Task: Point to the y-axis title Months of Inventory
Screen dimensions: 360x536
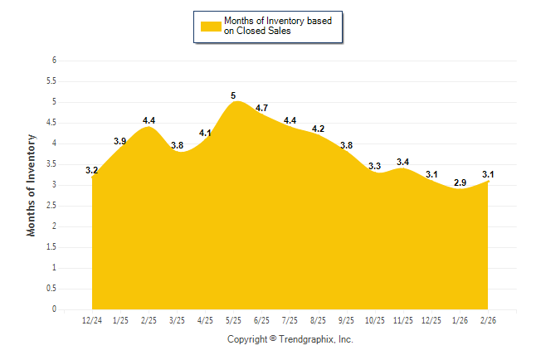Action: pyautogui.click(x=32, y=185)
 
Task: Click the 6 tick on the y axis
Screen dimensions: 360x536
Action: pyautogui.click(x=53, y=61)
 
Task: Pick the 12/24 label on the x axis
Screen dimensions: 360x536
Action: pyautogui.click(x=92, y=321)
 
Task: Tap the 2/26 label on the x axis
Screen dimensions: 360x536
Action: pyautogui.click(x=490, y=321)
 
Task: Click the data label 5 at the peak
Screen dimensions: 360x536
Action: pyautogui.click(x=233, y=95)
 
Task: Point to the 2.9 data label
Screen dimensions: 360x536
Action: pyautogui.click(x=460, y=182)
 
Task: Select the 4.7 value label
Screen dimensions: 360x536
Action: pyautogui.click(x=261, y=108)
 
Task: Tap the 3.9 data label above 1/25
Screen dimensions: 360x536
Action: pyautogui.click(x=120, y=141)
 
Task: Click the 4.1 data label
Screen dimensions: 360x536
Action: pyautogui.click(x=205, y=133)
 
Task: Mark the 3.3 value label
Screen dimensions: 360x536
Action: pyautogui.click(x=375, y=166)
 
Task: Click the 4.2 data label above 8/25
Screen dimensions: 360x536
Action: pyautogui.click(x=318, y=129)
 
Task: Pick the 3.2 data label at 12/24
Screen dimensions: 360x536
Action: pyautogui.click(x=92, y=170)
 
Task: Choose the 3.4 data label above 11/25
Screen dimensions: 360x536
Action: pyautogui.click(x=403, y=162)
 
